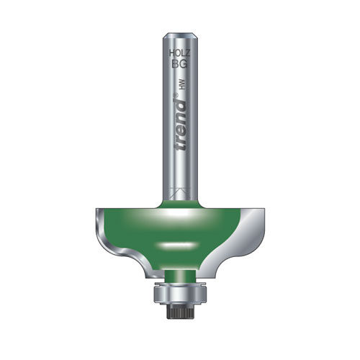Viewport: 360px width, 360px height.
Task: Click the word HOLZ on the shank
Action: pyautogui.click(x=179, y=55)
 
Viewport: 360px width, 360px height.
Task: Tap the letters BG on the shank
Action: pyautogui.click(x=179, y=65)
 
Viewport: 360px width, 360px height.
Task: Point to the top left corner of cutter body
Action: pyautogui.click(x=97, y=210)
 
